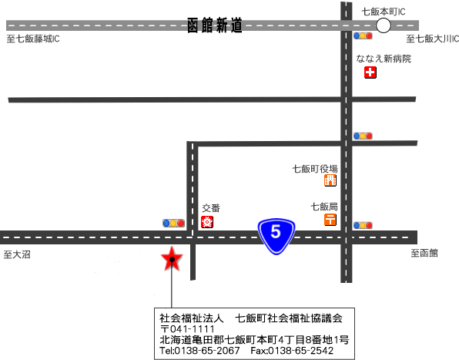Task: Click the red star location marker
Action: (172, 259)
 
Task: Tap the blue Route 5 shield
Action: (276, 236)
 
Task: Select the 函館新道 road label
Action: (215, 25)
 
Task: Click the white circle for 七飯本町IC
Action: (384, 25)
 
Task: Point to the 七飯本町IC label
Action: (384, 12)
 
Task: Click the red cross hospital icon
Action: (370, 72)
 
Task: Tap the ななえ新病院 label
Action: (384, 59)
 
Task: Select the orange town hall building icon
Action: (330, 180)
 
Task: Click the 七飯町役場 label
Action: (315, 169)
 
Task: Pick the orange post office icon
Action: (330, 220)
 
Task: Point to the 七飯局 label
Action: (324, 207)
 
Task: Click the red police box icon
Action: (207, 222)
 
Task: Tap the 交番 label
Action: (211, 208)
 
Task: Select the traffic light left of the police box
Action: (173, 224)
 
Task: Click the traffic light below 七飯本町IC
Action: (363, 35)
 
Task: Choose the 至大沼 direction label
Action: (17, 254)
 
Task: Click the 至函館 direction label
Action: (424, 253)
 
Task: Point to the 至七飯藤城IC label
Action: (33, 39)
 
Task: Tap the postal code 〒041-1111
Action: (187, 329)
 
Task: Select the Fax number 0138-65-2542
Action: (292, 351)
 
